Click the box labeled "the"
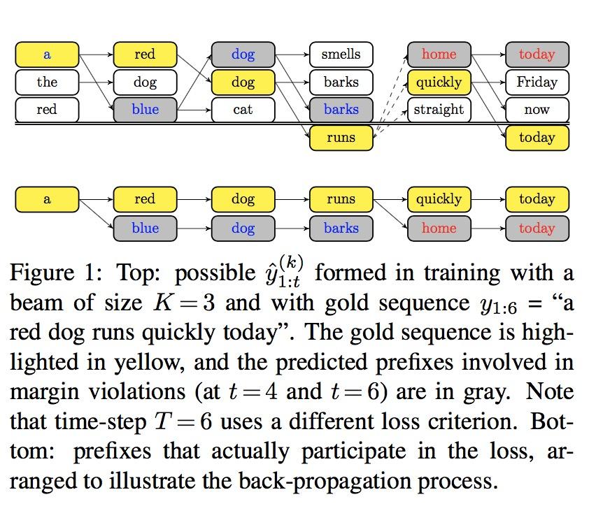47,82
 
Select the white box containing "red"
47,110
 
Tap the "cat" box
243,110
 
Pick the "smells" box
341,55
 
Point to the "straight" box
439,110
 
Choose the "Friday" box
537,82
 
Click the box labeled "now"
537,110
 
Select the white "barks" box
341,82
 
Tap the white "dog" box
145,82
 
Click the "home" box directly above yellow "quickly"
439,55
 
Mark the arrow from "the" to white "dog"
96,82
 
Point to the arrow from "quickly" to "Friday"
488,82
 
